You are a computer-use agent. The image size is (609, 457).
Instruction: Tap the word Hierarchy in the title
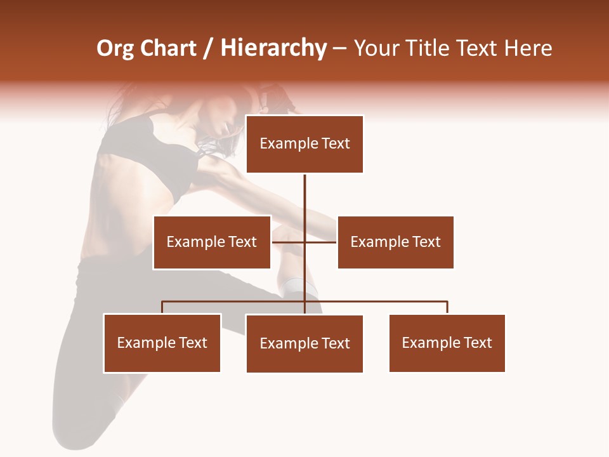click(273, 48)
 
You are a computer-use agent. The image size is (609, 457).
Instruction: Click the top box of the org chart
click(304, 144)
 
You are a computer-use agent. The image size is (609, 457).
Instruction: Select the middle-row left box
click(212, 242)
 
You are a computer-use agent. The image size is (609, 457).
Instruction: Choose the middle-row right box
click(395, 242)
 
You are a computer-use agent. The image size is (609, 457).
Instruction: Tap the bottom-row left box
click(162, 343)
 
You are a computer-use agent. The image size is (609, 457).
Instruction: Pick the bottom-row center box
click(304, 343)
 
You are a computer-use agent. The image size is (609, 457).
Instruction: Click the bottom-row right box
click(447, 343)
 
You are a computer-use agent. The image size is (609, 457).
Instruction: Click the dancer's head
click(222, 124)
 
